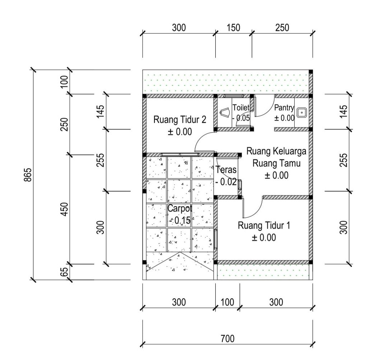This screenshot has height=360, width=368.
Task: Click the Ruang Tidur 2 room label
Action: click(x=180, y=119)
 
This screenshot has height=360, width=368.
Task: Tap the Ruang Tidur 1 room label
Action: click(x=264, y=225)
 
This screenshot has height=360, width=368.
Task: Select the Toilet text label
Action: click(x=241, y=108)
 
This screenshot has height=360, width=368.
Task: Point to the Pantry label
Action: click(x=284, y=108)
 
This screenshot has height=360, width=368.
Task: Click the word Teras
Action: click(x=226, y=170)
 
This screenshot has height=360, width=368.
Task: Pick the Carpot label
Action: click(x=180, y=208)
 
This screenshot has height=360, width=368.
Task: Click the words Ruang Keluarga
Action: click(x=276, y=151)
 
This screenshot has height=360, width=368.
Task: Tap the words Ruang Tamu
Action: click(x=276, y=163)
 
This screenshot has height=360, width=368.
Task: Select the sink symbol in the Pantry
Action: click(x=302, y=112)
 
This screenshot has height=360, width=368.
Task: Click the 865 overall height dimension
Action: click(x=28, y=175)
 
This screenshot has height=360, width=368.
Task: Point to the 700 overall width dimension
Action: click(x=227, y=339)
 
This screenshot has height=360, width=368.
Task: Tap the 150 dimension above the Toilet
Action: click(x=234, y=28)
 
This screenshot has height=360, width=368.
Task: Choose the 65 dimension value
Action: click(x=64, y=272)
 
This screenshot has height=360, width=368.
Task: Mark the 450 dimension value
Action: click(x=64, y=209)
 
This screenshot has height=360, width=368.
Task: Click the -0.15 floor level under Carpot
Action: click(x=180, y=220)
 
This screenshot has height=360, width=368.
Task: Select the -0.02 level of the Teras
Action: click(x=226, y=182)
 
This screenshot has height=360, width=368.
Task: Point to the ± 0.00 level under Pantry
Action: click(x=284, y=118)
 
